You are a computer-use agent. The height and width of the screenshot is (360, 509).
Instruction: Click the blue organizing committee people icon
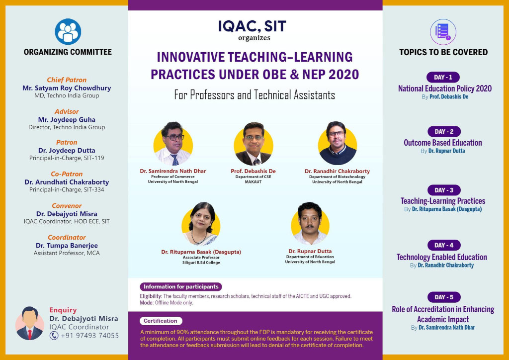pyautogui.click(x=68, y=31)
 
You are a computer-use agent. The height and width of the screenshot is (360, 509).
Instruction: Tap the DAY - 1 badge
pyautogui.click(x=443, y=77)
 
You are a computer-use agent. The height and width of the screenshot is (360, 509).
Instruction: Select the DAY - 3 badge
pyautogui.click(x=444, y=190)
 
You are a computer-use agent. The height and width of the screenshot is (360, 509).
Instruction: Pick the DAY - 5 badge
pyautogui.click(x=444, y=297)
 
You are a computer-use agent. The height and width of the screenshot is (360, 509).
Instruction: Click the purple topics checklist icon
pyautogui.click(x=443, y=32)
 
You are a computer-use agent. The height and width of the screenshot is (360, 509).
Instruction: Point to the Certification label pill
pyautogui.click(x=161, y=321)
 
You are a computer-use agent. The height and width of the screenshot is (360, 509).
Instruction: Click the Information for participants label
pyautogui.click(x=181, y=286)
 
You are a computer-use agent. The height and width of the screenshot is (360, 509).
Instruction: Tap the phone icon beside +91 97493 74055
pyautogui.click(x=54, y=335)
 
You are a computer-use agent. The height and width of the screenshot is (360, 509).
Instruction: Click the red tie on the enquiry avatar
pyautogui.click(x=30, y=334)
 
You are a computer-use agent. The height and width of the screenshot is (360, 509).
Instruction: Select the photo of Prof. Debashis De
pyautogui.click(x=253, y=144)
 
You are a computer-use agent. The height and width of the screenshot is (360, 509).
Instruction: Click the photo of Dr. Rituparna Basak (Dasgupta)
pyautogui.click(x=201, y=224)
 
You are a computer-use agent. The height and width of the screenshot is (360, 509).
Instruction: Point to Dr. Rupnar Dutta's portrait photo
pyautogui.click(x=310, y=223)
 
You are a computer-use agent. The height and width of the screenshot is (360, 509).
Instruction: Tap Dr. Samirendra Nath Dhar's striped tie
pyautogui.click(x=175, y=160)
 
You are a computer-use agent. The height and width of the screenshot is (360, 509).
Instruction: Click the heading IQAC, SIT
pyautogui.click(x=252, y=26)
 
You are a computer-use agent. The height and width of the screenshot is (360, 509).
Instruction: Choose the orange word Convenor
pyautogui.click(x=67, y=206)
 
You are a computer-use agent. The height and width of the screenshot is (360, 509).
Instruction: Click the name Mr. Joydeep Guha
pyautogui.click(x=67, y=119)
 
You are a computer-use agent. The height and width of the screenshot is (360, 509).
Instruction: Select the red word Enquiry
pyautogui.click(x=63, y=310)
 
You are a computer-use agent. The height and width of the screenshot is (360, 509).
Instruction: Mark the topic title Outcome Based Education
pyautogui.click(x=443, y=143)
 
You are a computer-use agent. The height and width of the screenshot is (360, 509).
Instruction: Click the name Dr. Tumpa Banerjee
pyautogui.click(x=67, y=246)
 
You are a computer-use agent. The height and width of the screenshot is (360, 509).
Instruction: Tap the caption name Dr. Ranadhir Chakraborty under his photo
pyautogui.click(x=337, y=171)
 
